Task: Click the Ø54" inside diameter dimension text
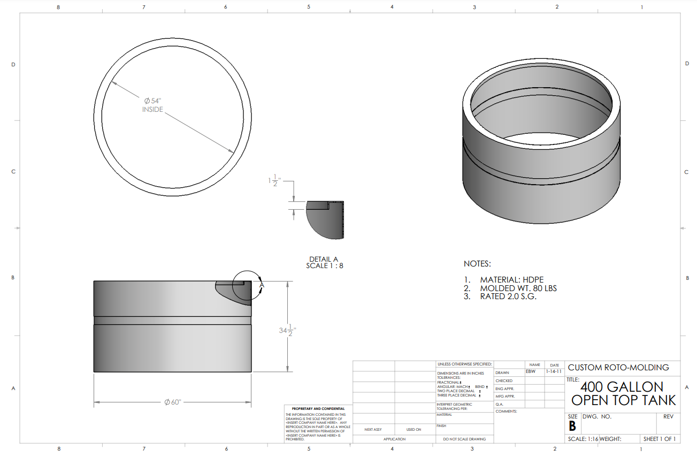tap(152, 101)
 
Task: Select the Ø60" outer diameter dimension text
tap(173, 402)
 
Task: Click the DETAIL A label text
tap(324, 260)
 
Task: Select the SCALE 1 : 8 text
tap(324, 265)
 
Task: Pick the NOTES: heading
tap(477, 264)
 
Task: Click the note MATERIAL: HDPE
tap(511, 280)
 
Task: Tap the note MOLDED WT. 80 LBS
tap(518, 288)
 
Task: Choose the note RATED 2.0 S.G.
tap(508, 296)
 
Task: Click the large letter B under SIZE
tap(572, 426)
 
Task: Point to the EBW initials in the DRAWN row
tap(530, 371)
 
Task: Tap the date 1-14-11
tap(553, 371)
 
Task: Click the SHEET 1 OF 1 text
tap(660, 439)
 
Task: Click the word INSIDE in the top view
tap(152, 110)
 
